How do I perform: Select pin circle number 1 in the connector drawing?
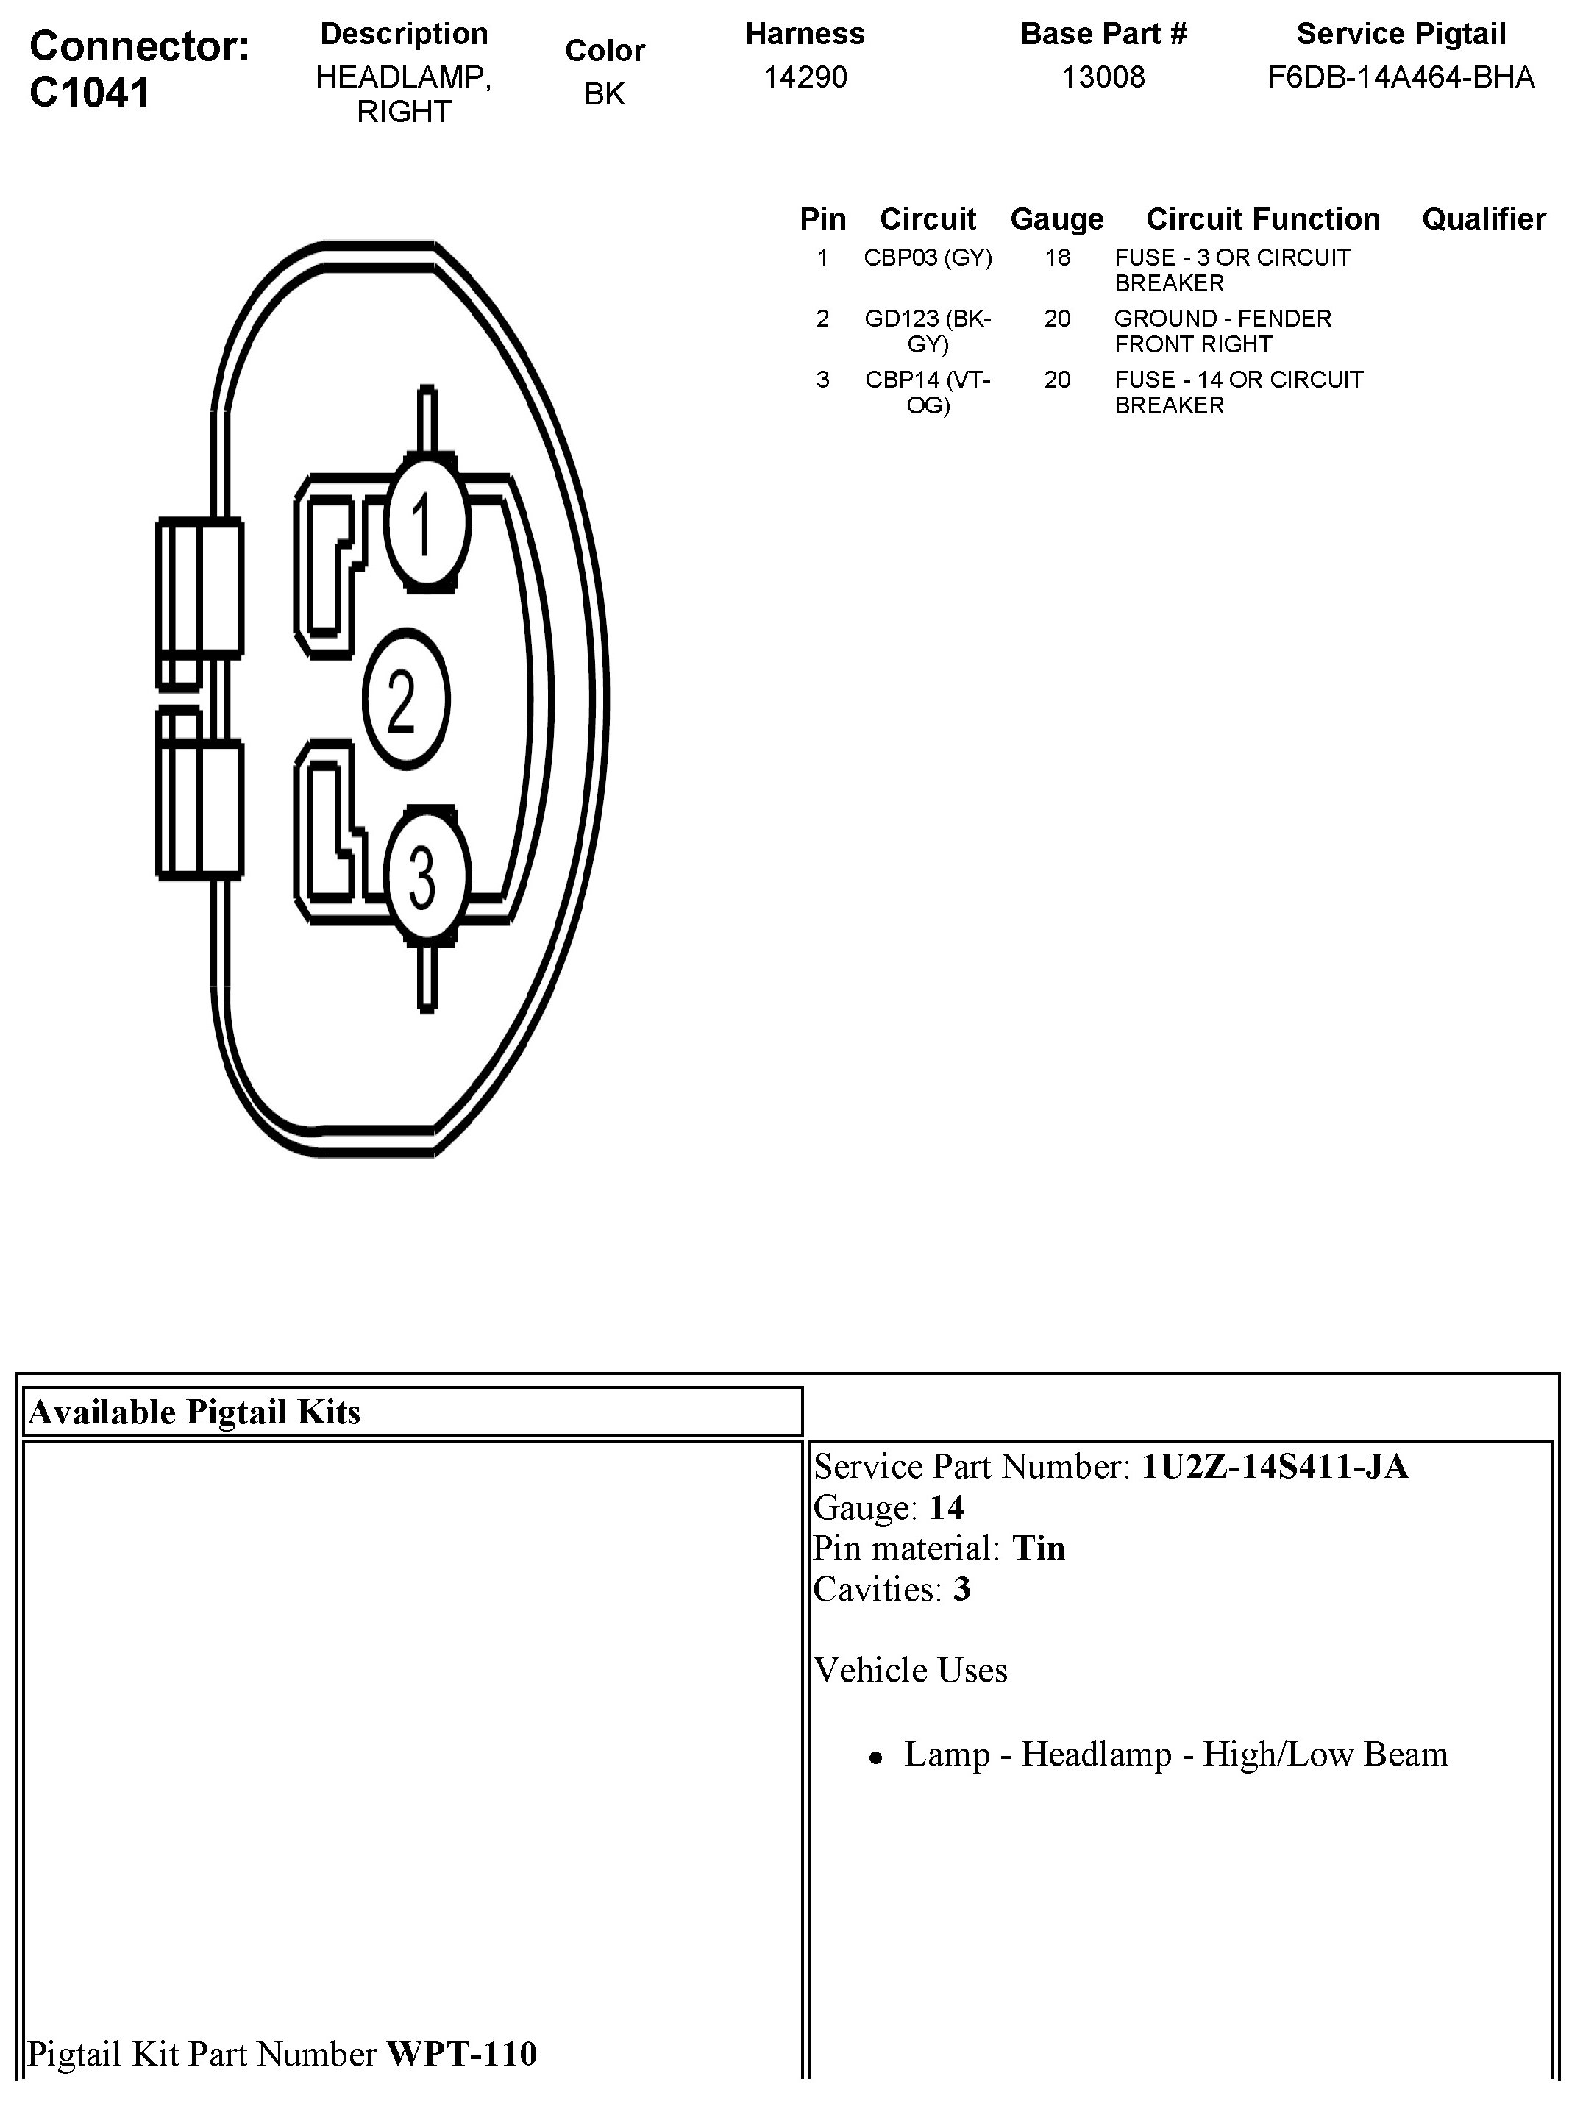coord(427,523)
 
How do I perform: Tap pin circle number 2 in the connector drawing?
coord(405,700)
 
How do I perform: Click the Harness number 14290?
coord(805,77)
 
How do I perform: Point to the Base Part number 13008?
coord(1103,77)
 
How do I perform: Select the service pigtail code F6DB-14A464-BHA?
coord(1401,77)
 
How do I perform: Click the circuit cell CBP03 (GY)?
coord(928,257)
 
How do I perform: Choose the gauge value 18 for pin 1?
coord(1057,257)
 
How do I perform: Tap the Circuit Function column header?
coord(1263,219)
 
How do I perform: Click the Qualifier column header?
coord(1483,219)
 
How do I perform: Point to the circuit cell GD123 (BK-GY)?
coord(928,330)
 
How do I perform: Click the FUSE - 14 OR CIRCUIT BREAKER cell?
coord(1238,391)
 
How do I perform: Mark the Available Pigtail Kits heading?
coord(195,1412)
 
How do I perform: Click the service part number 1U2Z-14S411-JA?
coord(1274,1467)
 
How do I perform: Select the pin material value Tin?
coord(1039,1549)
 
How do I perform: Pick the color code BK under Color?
coord(604,94)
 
